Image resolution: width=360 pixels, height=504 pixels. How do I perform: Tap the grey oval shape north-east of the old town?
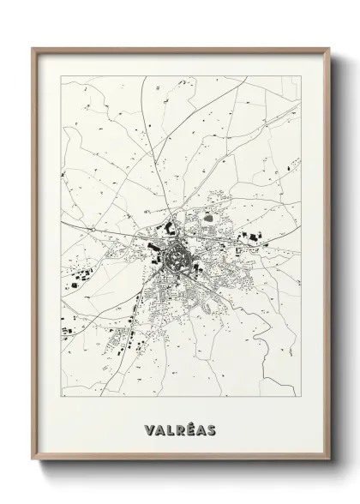coord(209,216)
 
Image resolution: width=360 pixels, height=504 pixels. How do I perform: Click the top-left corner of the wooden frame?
coord(33,47)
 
